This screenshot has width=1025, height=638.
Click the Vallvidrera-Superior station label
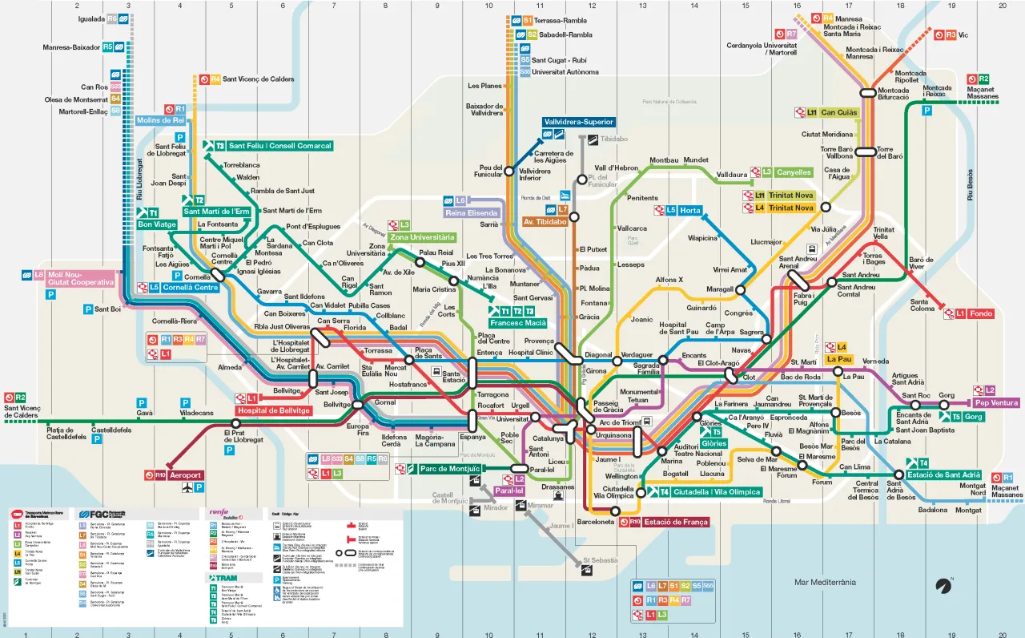tap(578, 122)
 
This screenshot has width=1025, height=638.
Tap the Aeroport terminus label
tap(184, 475)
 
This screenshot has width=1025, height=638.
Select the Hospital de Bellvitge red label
tap(273, 410)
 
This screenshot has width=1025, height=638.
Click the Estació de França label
tap(676, 522)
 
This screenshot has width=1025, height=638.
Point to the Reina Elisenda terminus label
tap(472, 212)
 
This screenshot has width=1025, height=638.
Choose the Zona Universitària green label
tap(423, 237)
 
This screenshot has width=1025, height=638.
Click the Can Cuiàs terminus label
tap(838, 113)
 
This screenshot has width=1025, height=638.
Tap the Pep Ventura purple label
tap(996, 402)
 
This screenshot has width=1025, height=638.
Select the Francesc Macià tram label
tap(518, 322)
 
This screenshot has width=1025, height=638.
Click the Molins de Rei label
tap(160, 120)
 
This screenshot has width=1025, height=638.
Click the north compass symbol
tap(945, 586)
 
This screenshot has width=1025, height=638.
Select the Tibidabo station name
tap(614, 139)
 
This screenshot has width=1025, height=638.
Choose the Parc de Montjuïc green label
tap(448, 469)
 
